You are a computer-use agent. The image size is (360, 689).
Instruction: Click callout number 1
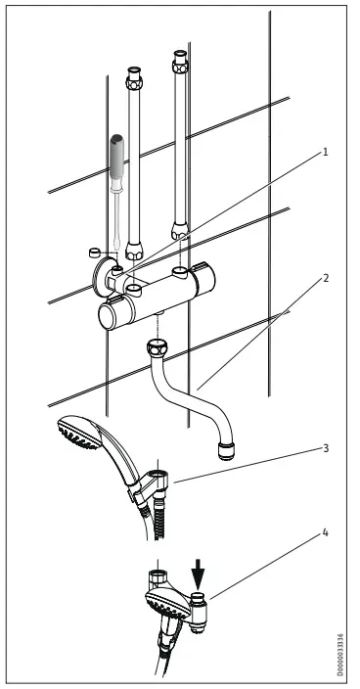tap(325, 153)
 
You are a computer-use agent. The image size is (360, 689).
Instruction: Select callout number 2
tap(325, 278)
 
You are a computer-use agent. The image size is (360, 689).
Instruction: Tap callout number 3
tap(325, 448)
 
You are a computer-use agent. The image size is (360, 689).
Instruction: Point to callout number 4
tap(325, 534)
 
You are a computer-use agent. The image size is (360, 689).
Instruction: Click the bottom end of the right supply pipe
tap(180, 232)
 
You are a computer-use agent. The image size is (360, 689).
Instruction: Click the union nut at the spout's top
tap(157, 347)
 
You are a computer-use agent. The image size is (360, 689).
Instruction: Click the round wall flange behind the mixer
tap(100, 275)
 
